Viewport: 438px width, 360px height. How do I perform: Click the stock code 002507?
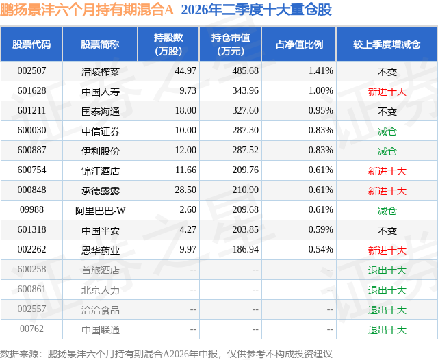click(31, 70)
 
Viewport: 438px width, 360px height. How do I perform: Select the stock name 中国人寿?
click(101, 91)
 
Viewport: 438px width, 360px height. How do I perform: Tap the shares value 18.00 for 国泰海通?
click(185, 110)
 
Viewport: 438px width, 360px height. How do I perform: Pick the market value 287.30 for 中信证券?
click(245, 130)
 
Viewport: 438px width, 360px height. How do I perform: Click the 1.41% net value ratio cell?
click(320, 70)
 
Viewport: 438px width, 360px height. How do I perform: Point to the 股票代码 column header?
click(31, 44)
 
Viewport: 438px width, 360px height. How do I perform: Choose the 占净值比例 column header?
click(299, 44)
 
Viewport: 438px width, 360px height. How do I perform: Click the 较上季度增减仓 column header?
click(387, 44)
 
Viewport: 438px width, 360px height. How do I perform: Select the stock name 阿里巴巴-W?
click(101, 210)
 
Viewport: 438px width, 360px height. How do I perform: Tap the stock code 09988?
click(31, 209)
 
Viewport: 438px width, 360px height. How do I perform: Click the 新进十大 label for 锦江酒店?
click(387, 170)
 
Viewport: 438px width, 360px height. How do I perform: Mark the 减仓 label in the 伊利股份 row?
click(387, 151)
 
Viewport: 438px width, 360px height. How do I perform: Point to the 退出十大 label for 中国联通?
click(387, 330)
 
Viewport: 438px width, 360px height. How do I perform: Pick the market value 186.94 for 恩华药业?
click(245, 249)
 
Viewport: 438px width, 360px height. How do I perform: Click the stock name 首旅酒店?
click(101, 270)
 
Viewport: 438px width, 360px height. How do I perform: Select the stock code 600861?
click(31, 289)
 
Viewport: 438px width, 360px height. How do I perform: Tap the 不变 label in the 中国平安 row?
click(387, 230)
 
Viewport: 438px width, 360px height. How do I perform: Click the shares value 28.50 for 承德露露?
click(185, 190)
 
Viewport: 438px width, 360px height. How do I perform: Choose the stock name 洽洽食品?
click(101, 309)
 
